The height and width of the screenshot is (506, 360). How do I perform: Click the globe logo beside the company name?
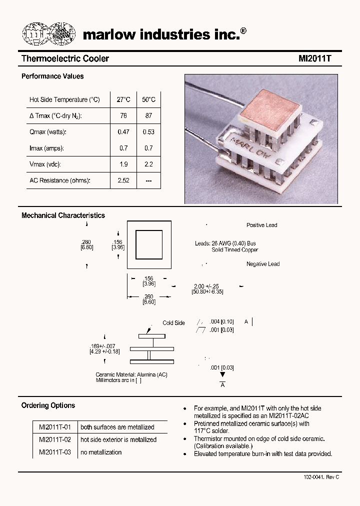[x=49, y=34]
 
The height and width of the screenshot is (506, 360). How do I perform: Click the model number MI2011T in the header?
[x=315, y=58]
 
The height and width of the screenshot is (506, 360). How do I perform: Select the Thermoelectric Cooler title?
[x=65, y=58]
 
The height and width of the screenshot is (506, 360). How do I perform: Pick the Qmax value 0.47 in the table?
[x=123, y=132]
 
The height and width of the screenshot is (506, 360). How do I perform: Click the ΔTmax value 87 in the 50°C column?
[x=148, y=115]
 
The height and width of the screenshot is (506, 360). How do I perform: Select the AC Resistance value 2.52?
[x=123, y=180]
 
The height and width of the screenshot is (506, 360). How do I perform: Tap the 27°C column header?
[x=123, y=99]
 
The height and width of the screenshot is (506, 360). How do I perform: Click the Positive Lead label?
[x=261, y=225]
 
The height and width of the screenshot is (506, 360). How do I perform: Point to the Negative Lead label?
[x=262, y=264]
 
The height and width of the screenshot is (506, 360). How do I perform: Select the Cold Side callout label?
[x=173, y=323]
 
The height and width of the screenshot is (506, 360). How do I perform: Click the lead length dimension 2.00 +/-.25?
[x=207, y=285]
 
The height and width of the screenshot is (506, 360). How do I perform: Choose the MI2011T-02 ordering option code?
[x=55, y=439]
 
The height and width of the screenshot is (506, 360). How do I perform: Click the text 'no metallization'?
[x=101, y=452]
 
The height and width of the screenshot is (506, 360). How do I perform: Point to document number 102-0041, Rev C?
[x=321, y=477]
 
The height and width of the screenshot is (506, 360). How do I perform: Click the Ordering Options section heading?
[x=48, y=405]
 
